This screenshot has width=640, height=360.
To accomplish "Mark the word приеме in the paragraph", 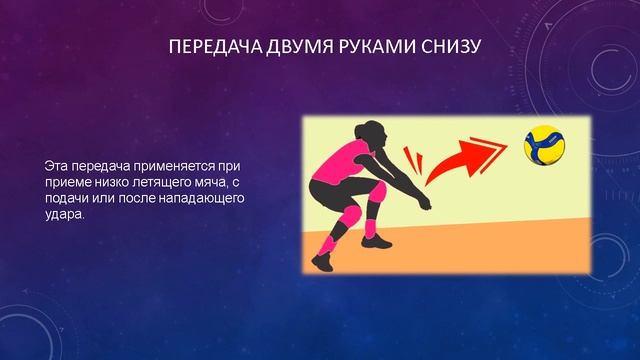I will coord(67,180).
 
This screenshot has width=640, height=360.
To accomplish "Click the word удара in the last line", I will coord(66,214).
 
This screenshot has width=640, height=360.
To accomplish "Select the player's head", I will coord(367,132).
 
